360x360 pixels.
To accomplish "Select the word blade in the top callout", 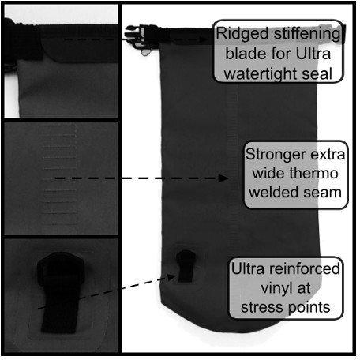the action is click(x=246, y=54).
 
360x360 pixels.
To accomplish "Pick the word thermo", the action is click(x=313, y=174).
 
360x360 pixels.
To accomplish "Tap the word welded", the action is click(x=274, y=192).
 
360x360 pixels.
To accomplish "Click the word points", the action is click(x=308, y=307).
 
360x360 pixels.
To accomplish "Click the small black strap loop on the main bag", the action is click(x=186, y=266).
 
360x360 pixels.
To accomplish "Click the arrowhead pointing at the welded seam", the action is click(x=223, y=178).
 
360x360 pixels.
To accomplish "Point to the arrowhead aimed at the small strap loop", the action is click(x=171, y=277).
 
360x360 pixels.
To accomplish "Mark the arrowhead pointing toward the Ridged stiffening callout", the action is click(x=204, y=39).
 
